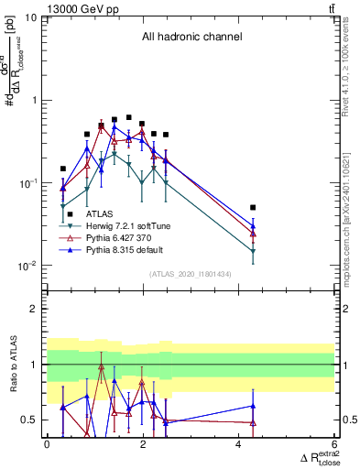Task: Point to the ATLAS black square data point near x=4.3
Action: [x=253, y=208]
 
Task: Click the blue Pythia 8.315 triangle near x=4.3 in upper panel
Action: [x=253, y=225]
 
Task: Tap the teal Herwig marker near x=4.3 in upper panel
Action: [x=253, y=251]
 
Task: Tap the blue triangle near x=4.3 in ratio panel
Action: [x=253, y=406]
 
